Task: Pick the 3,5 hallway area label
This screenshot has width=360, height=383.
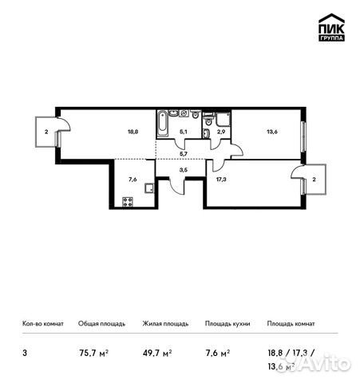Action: coord(183,170)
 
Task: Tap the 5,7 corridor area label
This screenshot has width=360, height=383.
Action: coord(183,152)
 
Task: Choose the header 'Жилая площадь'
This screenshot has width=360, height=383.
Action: coord(165,324)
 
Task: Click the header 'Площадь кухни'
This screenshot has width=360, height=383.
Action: coord(227,324)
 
